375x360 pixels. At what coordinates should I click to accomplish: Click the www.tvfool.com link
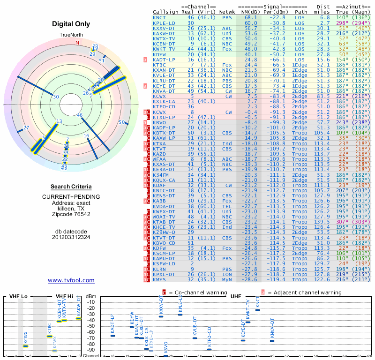(x=71, y=280)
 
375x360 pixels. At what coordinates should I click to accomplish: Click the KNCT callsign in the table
(x=159, y=17)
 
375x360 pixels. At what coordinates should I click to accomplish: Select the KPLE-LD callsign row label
(x=164, y=22)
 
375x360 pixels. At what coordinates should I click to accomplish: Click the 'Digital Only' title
(x=71, y=24)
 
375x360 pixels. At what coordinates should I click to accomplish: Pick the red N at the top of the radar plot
(x=77, y=42)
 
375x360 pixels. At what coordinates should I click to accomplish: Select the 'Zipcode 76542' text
(x=71, y=214)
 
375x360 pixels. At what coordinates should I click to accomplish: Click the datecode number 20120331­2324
(x=71, y=237)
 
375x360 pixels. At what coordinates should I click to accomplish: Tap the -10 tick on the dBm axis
(x=90, y=302)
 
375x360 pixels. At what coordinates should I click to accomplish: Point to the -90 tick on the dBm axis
(x=90, y=350)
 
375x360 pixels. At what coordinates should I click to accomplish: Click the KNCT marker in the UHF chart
(x=257, y=309)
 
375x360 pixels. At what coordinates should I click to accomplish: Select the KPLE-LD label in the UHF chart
(x=180, y=305)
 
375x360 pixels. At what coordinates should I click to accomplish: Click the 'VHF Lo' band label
(x=17, y=296)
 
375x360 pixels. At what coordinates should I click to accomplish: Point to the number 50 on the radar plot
(x=121, y=122)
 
